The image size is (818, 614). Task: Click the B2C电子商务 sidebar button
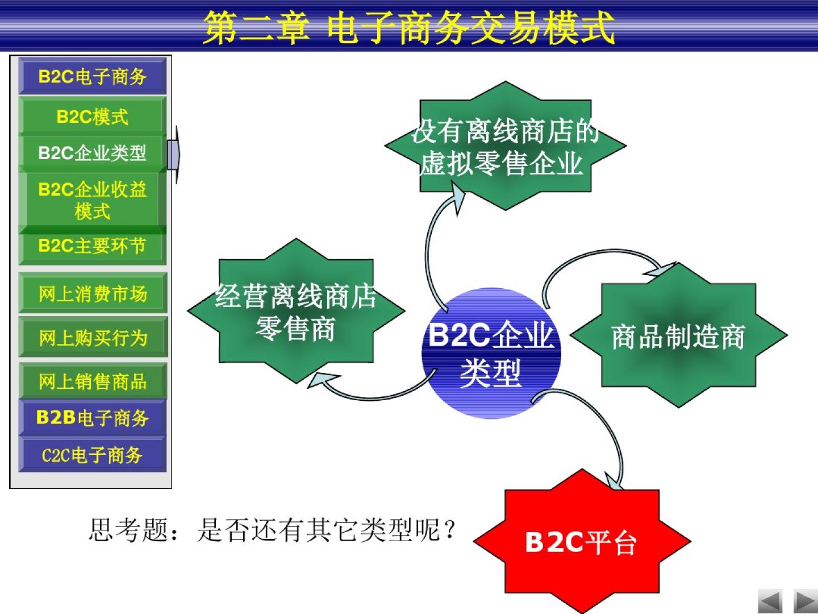[x=93, y=76]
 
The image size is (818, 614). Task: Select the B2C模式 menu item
[x=93, y=116]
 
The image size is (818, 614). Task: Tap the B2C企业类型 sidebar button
[x=93, y=153]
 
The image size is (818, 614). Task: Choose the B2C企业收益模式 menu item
[x=93, y=200]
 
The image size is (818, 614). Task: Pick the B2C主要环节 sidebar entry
[x=93, y=246]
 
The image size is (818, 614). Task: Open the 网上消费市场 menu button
[x=93, y=293]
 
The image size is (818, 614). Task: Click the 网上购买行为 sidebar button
[x=93, y=337]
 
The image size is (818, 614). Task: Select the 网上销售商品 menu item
[x=93, y=381]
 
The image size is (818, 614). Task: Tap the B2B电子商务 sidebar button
[x=93, y=417]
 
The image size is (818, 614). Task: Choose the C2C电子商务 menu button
[x=93, y=455]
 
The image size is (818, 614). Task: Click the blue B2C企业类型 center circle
[x=491, y=353]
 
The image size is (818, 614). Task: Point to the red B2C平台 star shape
[x=582, y=541]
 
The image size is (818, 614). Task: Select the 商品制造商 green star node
[x=679, y=335]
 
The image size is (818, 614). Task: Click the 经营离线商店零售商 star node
[x=296, y=311]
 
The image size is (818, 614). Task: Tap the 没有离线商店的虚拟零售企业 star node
[x=506, y=146]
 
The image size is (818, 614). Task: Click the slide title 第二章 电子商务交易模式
[x=409, y=27]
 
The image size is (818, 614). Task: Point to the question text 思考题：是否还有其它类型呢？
[x=273, y=529]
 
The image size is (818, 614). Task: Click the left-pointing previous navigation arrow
[x=770, y=601]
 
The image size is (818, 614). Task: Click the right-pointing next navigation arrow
[x=806, y=601]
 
